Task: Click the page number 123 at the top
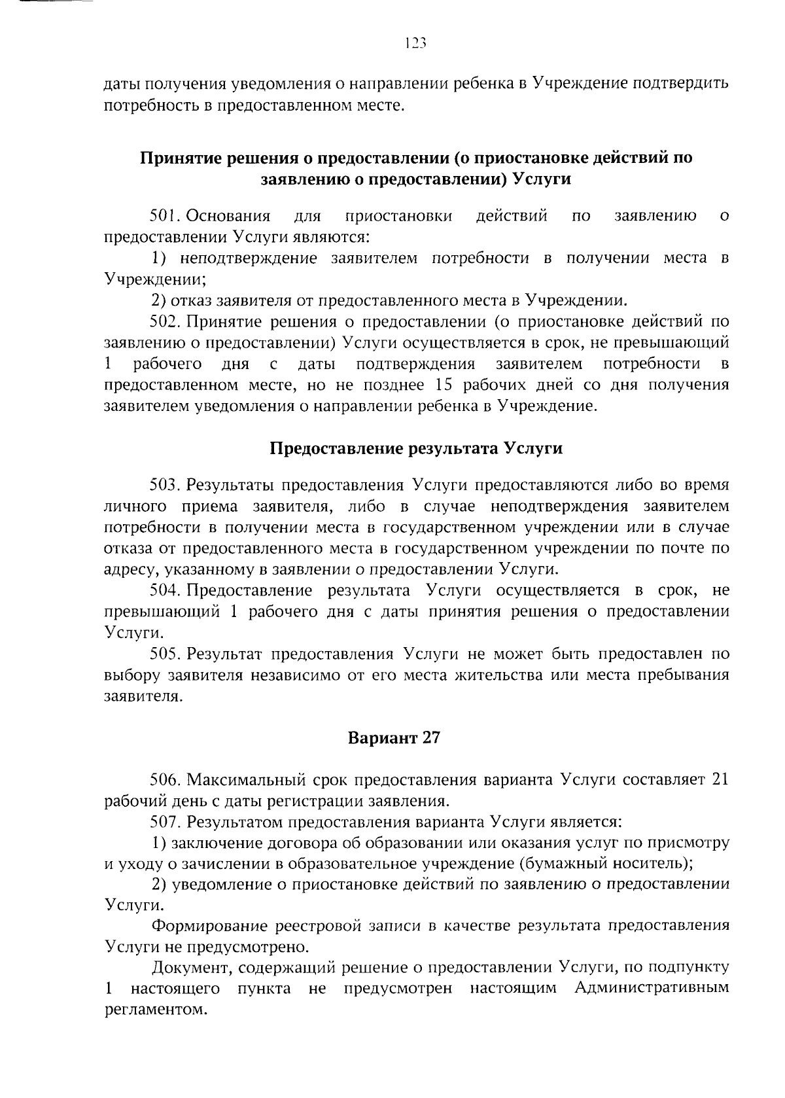[415, 44]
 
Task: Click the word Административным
[652, 989]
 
